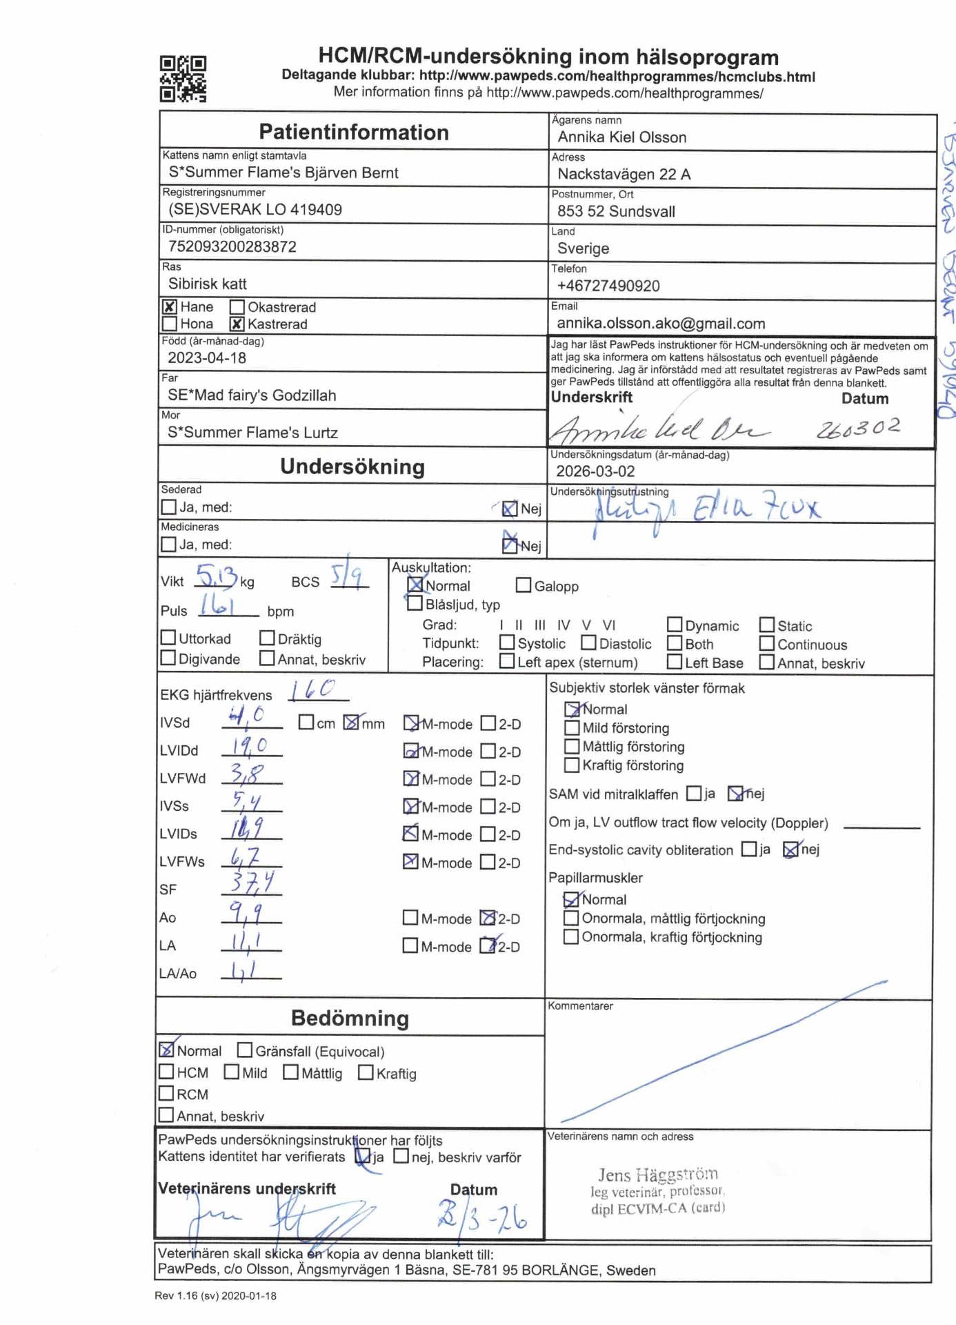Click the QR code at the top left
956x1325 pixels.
click(x=183, y=79)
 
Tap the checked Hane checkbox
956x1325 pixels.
click(x=169, y=306)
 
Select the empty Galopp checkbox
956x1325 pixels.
click(x=524, y=585)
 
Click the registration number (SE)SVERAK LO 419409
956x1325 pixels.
click(x=255, y=209)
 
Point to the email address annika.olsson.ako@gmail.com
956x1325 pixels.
click(x=661, y=323)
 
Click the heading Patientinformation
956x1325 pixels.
click(x=353, y=132)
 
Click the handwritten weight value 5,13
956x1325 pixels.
click(x=217, y=576)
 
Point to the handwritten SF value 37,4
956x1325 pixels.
click(x=252, y=883)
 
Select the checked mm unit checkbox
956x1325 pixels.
click(x=351, y=723)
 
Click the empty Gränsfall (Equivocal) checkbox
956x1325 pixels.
click(x=244, y=1050)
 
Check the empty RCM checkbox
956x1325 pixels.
click(x=166, y=1093)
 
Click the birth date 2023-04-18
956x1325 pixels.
click(x=207, y=357)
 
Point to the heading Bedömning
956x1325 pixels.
click(x=350, y=1018)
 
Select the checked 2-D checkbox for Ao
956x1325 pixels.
click(x=488, y=918)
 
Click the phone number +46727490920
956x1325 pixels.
click(x=608, y=286)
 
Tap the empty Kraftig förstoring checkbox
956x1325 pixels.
click(x=571, y=765)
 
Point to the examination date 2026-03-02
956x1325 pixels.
click(x=595, y=471)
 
